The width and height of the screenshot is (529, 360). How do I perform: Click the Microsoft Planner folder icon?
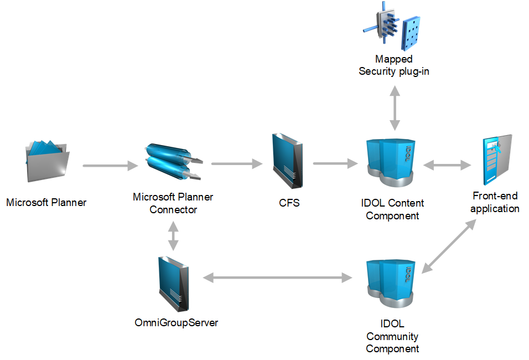point(47,161)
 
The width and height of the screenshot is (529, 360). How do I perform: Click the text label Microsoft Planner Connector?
point(173,203)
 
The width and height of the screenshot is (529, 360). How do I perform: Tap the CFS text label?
point(289,203)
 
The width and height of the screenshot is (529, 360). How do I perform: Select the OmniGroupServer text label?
point(177,322)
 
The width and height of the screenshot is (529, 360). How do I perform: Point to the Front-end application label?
point(496,202)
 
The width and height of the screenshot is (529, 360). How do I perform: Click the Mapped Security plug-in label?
point(394,65)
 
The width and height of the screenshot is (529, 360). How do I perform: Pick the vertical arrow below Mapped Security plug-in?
point(394,108)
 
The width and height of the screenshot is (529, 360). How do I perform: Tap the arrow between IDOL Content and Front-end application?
point(447,164)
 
